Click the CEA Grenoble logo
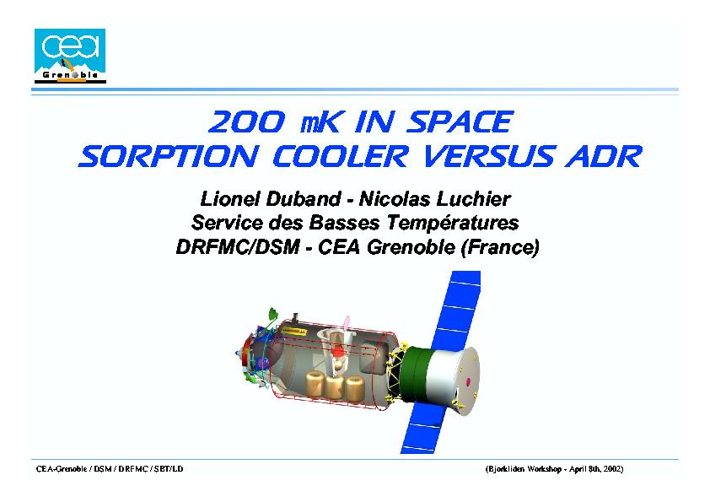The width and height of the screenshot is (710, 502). click(x=70, y=56)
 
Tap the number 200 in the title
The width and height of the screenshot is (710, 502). click(x=247, y=121)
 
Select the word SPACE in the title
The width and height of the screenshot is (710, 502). click(x=460, y=121)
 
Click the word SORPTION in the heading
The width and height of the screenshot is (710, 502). click(x=169, y=156)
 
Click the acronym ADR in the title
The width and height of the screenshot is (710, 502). click(x=604, y=156)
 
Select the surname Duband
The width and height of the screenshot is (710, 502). click(x=303, y=199)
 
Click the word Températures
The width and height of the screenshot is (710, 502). click(x=452, y=223)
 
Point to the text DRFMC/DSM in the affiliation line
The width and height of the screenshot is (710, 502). click(x=238, y=247)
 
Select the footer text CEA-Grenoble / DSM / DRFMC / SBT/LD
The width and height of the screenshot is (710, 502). click(x=110, y=469)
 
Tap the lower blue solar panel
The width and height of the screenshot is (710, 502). click(x=425, y=426)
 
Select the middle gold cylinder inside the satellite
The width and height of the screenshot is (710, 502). click(x=335, y=387)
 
